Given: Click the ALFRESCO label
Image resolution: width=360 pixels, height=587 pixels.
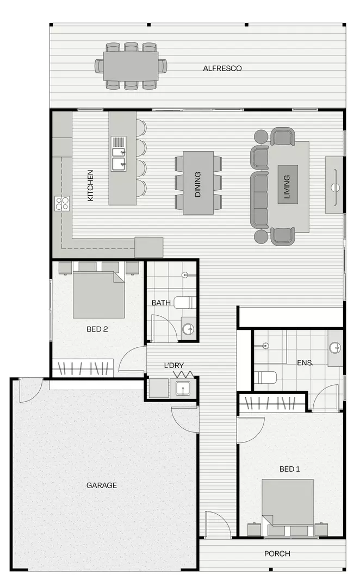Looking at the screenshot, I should point(222,68).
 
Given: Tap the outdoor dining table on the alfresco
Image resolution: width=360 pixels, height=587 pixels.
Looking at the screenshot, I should point(131,66).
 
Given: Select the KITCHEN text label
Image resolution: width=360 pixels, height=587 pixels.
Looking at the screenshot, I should point(90,186).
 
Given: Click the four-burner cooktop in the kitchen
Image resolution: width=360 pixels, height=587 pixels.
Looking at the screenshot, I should point(62,203).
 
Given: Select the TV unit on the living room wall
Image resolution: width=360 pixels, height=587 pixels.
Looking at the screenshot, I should point(334,185).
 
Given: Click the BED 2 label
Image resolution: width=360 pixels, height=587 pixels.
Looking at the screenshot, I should point(97,329).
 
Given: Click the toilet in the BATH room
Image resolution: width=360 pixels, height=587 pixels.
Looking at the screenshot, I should point(185,302).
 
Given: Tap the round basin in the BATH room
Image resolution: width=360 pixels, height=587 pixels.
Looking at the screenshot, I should point(188,328).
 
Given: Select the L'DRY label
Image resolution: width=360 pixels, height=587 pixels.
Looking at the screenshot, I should point(174,365).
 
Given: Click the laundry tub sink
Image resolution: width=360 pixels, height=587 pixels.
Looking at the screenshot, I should point(183,388).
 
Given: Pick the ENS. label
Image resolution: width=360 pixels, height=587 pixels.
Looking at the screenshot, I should point(305,362).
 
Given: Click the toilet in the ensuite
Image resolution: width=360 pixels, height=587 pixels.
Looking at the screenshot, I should point(266,377).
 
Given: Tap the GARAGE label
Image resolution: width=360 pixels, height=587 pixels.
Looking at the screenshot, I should point(102,485).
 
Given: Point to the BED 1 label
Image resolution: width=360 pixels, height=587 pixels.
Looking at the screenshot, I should point(290,469).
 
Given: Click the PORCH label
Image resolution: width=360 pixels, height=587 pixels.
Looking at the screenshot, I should point(277,553).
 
